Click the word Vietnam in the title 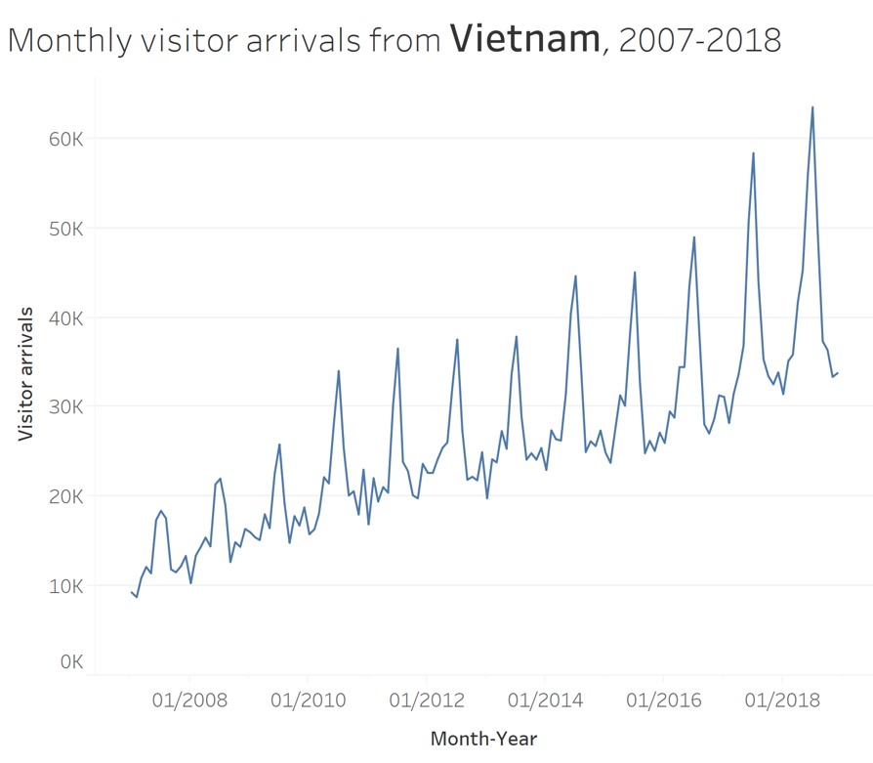tap(524, 38)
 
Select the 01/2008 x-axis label tap(189, 700)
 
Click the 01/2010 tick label tap(308, 700)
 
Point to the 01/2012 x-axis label tap(426, 700)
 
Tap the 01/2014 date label tap(545, 700)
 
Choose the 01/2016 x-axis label tap(663, 700)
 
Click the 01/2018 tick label tap(781, 700)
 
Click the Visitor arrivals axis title tap(26, 373)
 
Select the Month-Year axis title tap(483, 740)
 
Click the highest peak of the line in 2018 tap(812, 107)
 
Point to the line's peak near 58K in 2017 tap(753, 152)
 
